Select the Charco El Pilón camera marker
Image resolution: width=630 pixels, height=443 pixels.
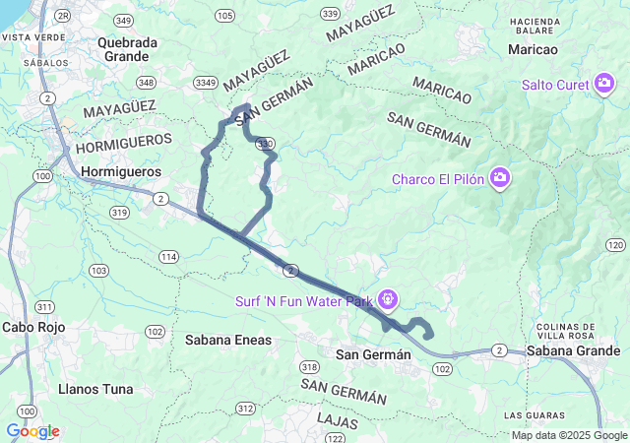pos(501,178)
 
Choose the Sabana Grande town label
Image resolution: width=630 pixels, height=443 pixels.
pos(573,350)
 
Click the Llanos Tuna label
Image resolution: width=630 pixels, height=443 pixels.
pos(95,389)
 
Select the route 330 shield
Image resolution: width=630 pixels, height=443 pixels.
pos(264,144)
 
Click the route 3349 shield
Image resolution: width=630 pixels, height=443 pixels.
pos(207,83)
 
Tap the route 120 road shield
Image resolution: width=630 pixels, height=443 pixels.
pos(615,244)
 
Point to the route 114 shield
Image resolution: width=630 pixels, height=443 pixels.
pos(169,257)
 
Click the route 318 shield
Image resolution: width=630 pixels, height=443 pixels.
pos(310,365)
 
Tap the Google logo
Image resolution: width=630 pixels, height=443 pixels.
pos(32,431)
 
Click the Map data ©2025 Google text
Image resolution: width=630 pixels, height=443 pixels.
pos(569,436)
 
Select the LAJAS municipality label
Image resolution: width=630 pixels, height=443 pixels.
pos(338,420)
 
